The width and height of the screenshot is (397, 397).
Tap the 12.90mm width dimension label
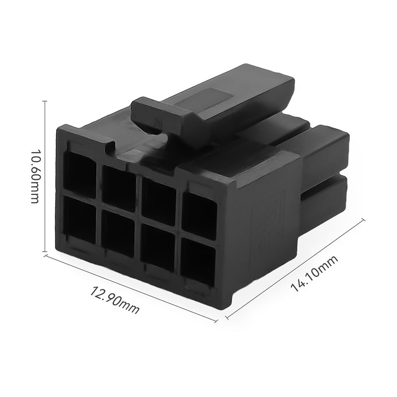[x=115, y=300]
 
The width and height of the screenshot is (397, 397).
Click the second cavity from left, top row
[x=119, y=188]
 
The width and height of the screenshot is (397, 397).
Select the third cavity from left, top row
[x=159, y=199]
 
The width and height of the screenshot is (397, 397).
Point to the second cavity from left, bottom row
[x=118, y=234]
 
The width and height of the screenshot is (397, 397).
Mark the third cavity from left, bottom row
[x=157, y=248]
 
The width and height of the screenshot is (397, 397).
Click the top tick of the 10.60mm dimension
[x=46, y=101]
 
